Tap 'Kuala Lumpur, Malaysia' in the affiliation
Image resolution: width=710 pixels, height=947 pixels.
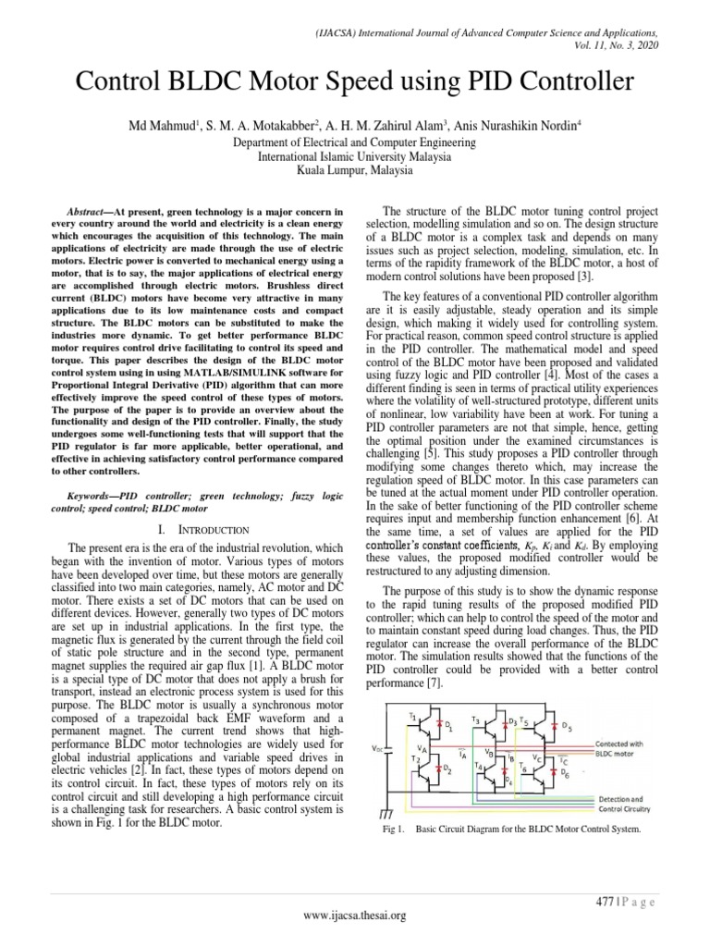click(354, 169)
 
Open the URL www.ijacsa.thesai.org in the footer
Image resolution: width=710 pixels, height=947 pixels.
click(355, 916)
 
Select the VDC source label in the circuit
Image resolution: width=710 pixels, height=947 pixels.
click(390, 748)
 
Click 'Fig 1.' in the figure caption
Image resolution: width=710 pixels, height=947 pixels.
click(394, 829)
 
